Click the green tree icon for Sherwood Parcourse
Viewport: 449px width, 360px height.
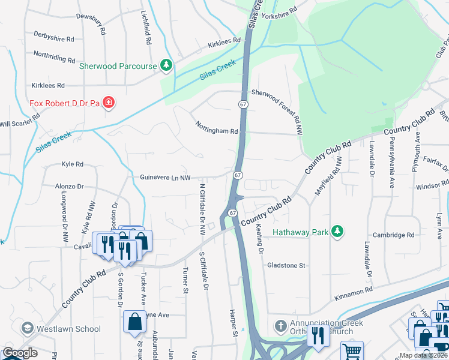click(x=166, y=65)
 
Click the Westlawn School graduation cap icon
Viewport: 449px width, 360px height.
click(x=27, y=328)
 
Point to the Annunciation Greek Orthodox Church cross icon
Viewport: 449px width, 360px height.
click(x=280, y=326)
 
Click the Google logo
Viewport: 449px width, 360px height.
click(x=19, y=353)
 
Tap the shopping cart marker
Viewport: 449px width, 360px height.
click(x=352, y=352)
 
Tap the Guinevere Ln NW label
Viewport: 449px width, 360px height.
click(x=165, y=178)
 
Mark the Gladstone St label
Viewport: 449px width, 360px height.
click(x=286, y=265)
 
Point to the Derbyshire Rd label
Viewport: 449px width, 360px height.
click(x=54, y=37)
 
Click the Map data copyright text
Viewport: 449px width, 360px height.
click(x=423, y=355)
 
